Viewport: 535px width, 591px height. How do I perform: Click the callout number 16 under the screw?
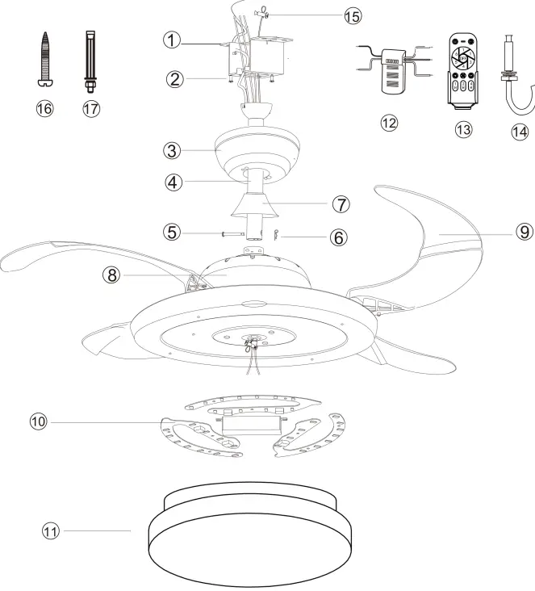tap(45, 108)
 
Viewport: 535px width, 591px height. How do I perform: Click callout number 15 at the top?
tap(329, 16)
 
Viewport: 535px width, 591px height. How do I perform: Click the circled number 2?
tap(172, 79)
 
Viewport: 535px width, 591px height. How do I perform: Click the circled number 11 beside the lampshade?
tap(51, 530)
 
